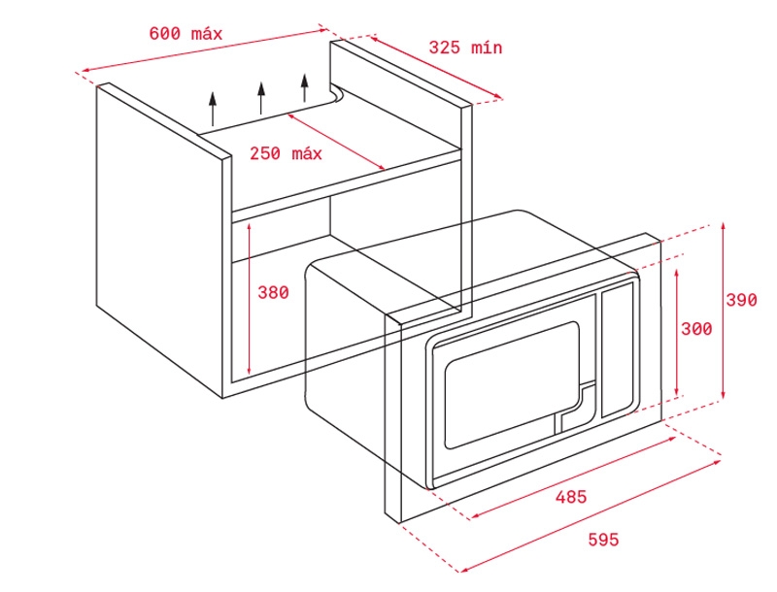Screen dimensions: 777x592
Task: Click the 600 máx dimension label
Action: pos(186,34)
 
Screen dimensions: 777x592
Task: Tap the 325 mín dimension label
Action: pos(465,48)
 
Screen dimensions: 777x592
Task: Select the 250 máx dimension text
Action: pos(286,153)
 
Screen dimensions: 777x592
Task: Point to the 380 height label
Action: pos(273,292)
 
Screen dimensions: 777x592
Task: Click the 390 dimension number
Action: pos(742,300)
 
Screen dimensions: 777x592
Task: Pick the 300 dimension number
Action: pos(696,329)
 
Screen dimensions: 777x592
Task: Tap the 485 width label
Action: pos(571,497)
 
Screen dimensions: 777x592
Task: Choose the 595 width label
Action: pos(603,539)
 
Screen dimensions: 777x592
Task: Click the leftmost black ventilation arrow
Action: pos(213,109)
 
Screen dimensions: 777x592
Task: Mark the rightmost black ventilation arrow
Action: pos(305,87)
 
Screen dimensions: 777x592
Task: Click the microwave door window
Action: pos(512,385)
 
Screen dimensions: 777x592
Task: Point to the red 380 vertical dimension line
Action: pos(250,299)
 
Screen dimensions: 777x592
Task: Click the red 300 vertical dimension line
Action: pos(677,333)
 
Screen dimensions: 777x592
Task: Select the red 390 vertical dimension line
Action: pos(724,311)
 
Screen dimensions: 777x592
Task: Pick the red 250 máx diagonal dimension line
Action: pos(336,142)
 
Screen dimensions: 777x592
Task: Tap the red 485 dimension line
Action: pos(573,477)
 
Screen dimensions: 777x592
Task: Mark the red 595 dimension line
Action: pos(591,515)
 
